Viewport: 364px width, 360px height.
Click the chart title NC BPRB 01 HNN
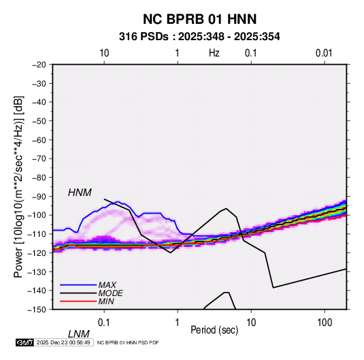point(199,19)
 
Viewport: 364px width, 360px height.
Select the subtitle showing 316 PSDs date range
point(199,37)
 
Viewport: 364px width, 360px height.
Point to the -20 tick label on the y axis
point(39,65)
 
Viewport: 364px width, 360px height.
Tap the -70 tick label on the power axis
point(39,159)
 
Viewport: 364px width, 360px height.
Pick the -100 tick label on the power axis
point(37,215)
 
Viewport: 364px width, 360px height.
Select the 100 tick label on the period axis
point(325,323)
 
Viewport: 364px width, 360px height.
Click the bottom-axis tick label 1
point(178,323)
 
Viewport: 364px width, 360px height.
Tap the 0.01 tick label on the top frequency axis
point(324,53)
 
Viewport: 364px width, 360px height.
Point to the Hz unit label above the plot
point(214,53)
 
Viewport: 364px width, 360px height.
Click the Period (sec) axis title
point(214,330)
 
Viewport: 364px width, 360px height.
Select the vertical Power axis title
point(18,186)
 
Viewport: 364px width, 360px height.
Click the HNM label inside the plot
point(80,193)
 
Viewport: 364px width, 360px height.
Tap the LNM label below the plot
point(79,334)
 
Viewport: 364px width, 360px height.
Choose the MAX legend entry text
point(107,285)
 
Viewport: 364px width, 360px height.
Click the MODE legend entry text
point(110,293)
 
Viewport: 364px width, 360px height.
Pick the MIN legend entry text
point(106,301)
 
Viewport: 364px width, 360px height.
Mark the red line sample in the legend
point(78,301)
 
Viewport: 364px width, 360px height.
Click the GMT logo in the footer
point(24,342)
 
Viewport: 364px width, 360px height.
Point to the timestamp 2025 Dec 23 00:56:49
point(63,342)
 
